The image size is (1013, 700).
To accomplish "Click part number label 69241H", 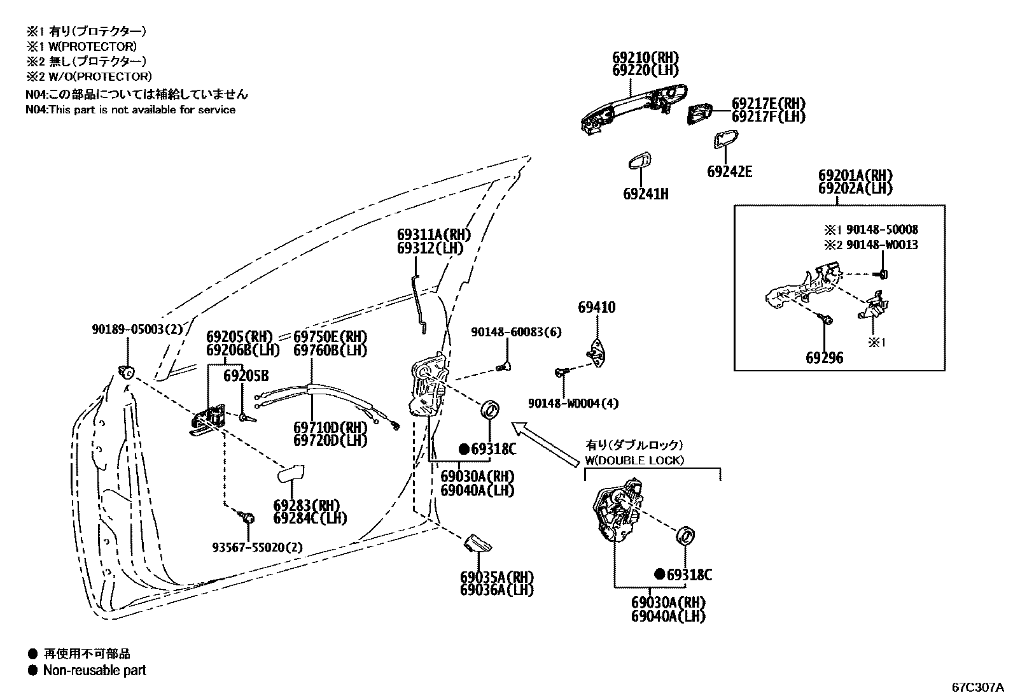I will (x=645, y=194).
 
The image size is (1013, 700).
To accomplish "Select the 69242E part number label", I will (x=729, y=171).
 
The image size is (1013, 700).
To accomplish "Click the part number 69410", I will (x=596, y=308).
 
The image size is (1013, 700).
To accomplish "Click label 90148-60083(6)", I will (x=516, y=332).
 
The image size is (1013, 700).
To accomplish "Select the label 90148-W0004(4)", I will (x=573, y=403).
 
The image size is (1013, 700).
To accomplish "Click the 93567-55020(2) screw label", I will (x=257, y=547).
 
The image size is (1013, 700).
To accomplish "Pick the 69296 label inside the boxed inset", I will (x=824, y=358).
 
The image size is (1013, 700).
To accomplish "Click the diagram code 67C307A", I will (x=977, y=688).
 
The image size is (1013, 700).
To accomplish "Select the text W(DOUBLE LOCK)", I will (x=634, y=461).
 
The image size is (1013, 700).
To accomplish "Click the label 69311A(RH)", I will (x=430, y=234).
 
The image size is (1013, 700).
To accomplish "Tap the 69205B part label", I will (x=246, y=376).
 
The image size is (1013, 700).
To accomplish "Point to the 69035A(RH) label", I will (x=497, y=577).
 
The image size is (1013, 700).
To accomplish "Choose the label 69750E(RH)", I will (x=330, y=336).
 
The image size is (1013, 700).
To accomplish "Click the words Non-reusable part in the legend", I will (x=94, y=670).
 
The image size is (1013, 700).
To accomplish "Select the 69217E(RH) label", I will (x=768, y=103).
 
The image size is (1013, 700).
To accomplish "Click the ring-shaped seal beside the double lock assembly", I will (x=687, y=536).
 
